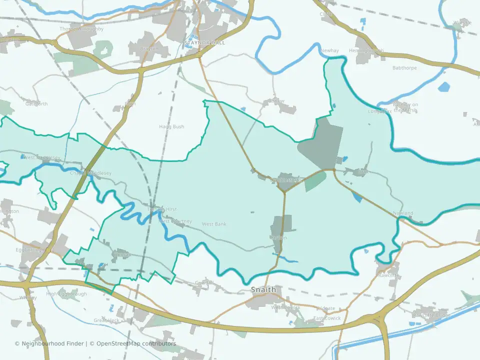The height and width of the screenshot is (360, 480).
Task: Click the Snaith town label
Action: pyautogui.click(x=263, y=290)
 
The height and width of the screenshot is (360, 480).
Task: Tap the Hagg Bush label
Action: pyautogui.click(x=171, y=127)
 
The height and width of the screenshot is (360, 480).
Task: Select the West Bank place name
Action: pyautogui.click(x=214, y=224)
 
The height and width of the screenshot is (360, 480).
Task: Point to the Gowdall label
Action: pyautogui.click(x=204, y=283)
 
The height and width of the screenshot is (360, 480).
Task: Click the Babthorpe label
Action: pyautogui.click(x=404, y=67)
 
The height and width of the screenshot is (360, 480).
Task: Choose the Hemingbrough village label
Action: pyautogui.click(x=366, y=50)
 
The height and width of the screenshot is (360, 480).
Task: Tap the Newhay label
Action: pyautogui.click(x=330, y=51)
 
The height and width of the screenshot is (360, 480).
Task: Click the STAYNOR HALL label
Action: pyautogui.click(x=204, y=43)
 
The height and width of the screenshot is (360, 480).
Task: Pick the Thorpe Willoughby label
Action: pyautogui.click(x=81, y=29)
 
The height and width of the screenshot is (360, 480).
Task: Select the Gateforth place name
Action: pyautogui.click(x=36, y=104)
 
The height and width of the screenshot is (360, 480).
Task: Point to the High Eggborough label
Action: pyautogui.click(x=66, y=294)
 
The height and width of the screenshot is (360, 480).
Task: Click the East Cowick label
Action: pyautogui.click(x=327, y=318)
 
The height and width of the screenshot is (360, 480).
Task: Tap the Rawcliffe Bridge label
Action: pyautogui.click(x=431, y=315)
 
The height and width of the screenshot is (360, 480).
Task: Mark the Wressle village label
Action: pyautogui.click(x=462, y=23)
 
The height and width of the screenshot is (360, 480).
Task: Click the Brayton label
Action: pyautogui.click(x=149, y=49)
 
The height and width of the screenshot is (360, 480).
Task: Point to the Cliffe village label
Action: pyautogui.click(x=325, y=14)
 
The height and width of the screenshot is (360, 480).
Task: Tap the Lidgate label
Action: pyautogui.click(x=326, y=309)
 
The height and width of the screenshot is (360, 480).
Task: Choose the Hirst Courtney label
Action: pyautogui.click(x=175, y=221)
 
